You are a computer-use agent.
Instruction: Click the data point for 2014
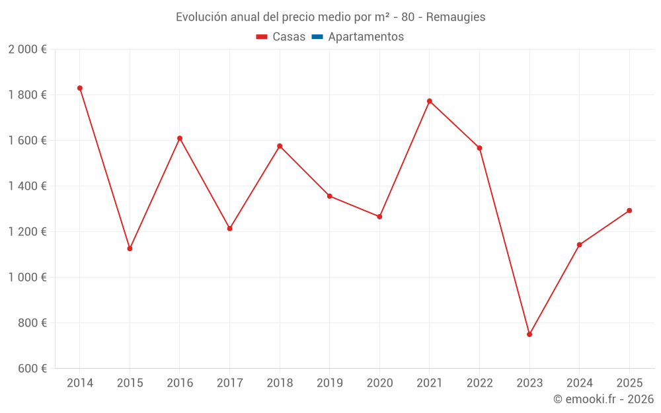point(80,88)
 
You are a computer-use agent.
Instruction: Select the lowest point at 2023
point(529,334)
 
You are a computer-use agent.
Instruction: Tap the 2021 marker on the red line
point(430,101)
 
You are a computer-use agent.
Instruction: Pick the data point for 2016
point(180,138)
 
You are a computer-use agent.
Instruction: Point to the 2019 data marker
point(329,196)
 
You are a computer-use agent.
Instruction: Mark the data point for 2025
point(629,211)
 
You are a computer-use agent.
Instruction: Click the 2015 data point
point(130,248)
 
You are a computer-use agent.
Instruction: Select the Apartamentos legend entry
point(366,37)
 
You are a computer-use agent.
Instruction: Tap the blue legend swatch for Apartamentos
point(317,37)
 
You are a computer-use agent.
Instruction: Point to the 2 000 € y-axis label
point(27,50)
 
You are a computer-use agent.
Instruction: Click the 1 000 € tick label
point(27,278)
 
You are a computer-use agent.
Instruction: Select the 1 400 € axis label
point(27,186)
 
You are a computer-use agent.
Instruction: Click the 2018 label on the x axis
point(280,383)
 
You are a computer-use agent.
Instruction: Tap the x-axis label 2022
point(479,383)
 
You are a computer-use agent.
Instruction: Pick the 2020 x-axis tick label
point(379,383)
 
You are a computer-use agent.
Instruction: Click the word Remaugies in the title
point(455,17)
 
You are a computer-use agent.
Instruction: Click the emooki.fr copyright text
point(603,399)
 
